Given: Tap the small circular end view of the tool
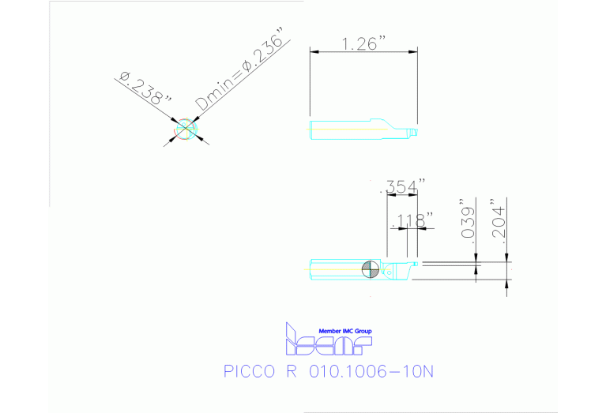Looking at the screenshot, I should pos(186,129).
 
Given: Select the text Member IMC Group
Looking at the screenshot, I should pos(344,331).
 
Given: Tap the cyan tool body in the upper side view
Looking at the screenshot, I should pos(348,129).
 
